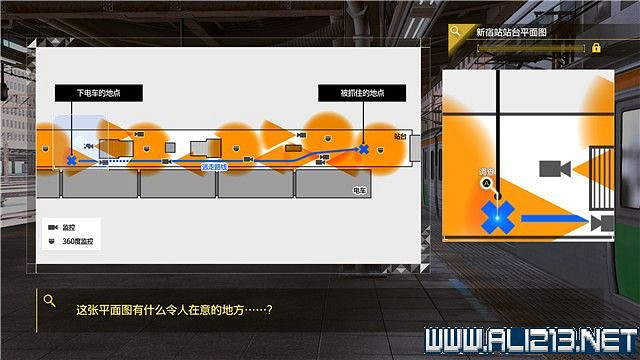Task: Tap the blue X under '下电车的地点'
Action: click(71, 158)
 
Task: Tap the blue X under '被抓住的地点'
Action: click(363, 150)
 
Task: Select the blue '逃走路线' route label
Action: click(215, 167)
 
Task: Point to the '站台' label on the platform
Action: click(401, 133)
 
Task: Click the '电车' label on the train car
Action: click(360, 189)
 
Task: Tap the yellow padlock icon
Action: click(596, 47)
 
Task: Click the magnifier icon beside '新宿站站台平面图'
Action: click(456, 32)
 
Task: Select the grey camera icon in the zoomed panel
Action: click(552, 169)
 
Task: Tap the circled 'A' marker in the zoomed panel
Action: click(487, 184)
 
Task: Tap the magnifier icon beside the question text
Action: click(48, 297)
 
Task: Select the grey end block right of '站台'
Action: click(414, 147)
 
